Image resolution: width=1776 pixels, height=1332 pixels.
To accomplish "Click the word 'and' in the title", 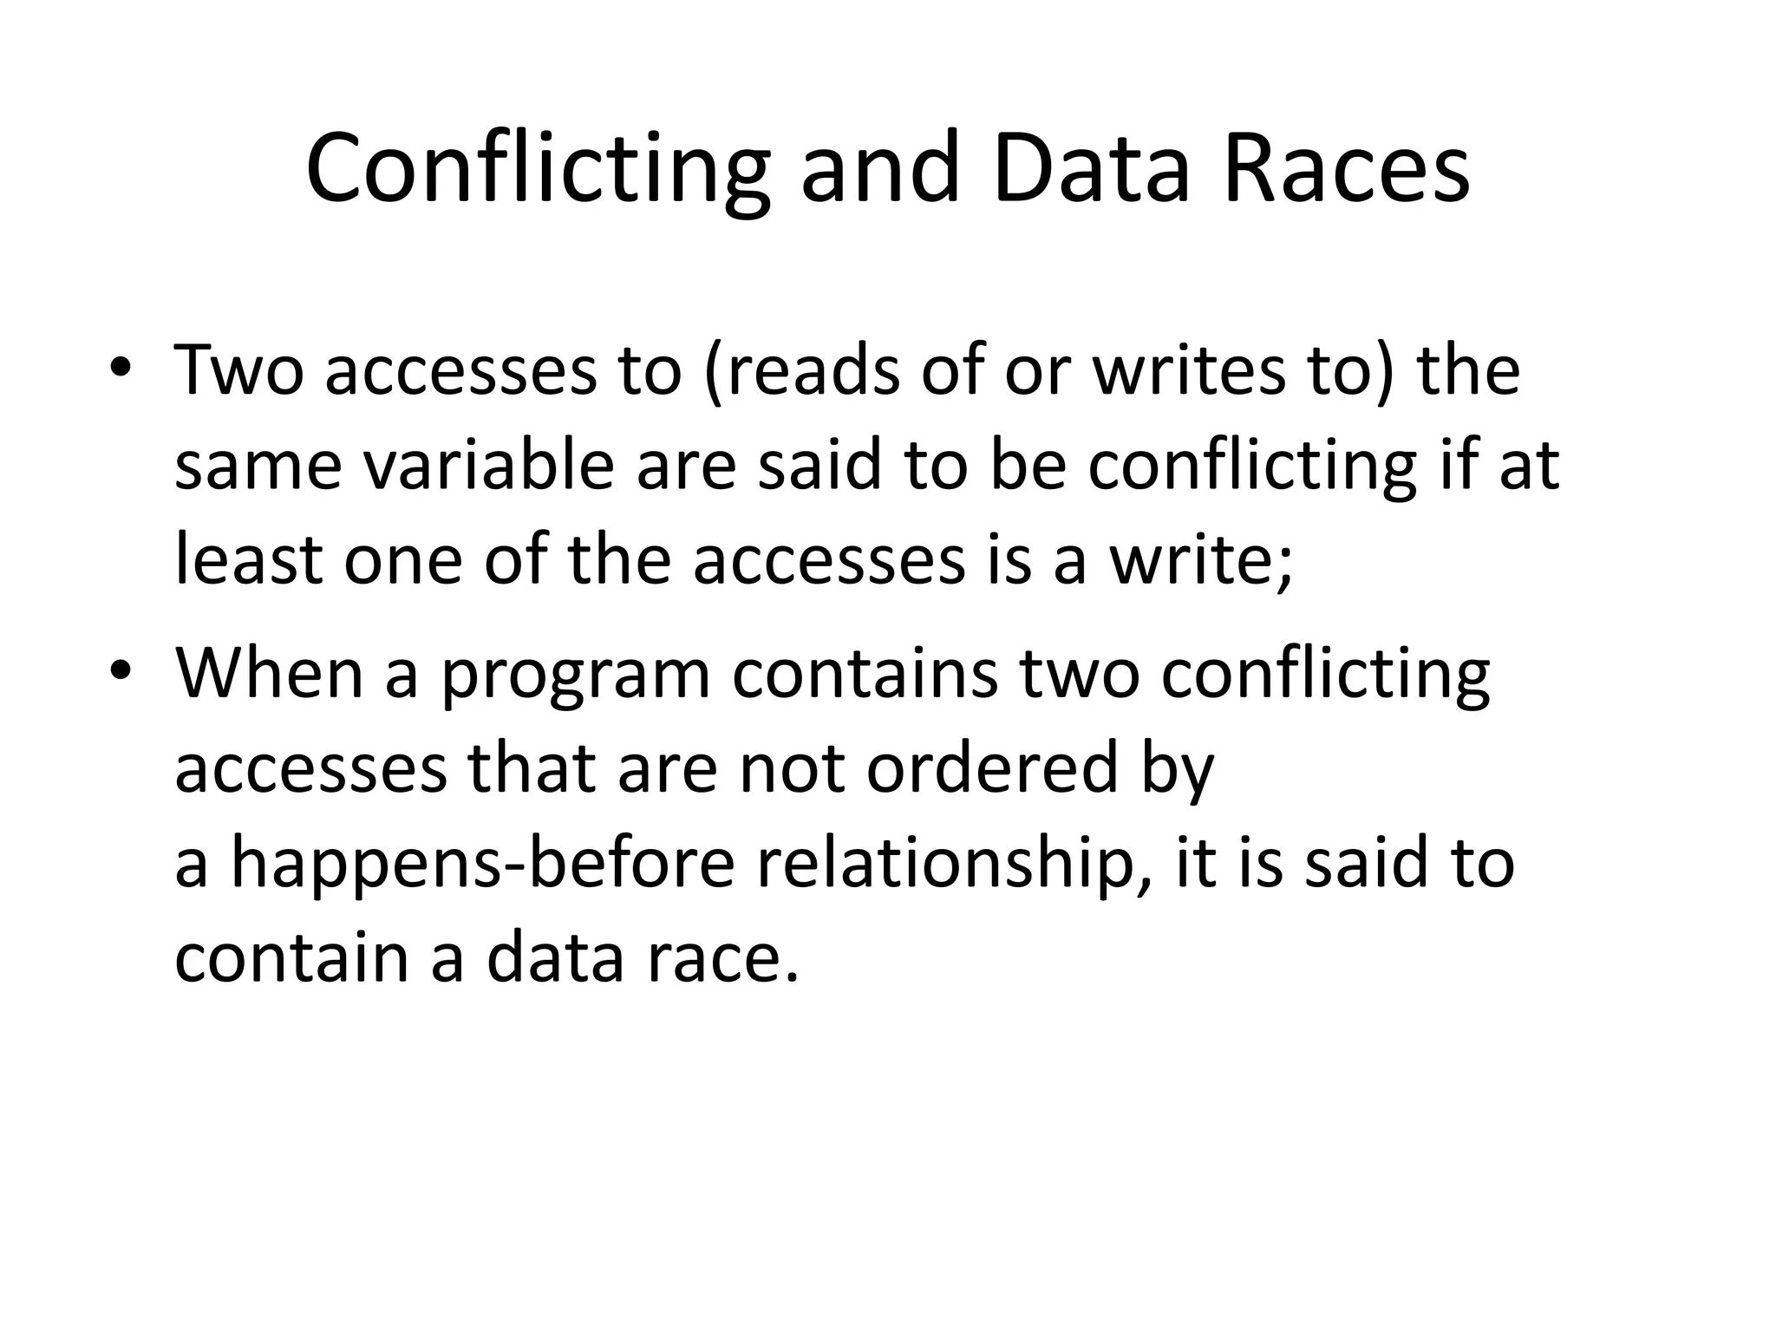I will click(x=880, y=169).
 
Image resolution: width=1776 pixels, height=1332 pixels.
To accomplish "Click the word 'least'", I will click(x=249, y=559).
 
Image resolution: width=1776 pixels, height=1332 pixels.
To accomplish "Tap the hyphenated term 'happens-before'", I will click(x=482, y=865).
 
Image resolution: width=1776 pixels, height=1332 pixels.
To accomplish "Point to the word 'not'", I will click(x=791, y=769).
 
